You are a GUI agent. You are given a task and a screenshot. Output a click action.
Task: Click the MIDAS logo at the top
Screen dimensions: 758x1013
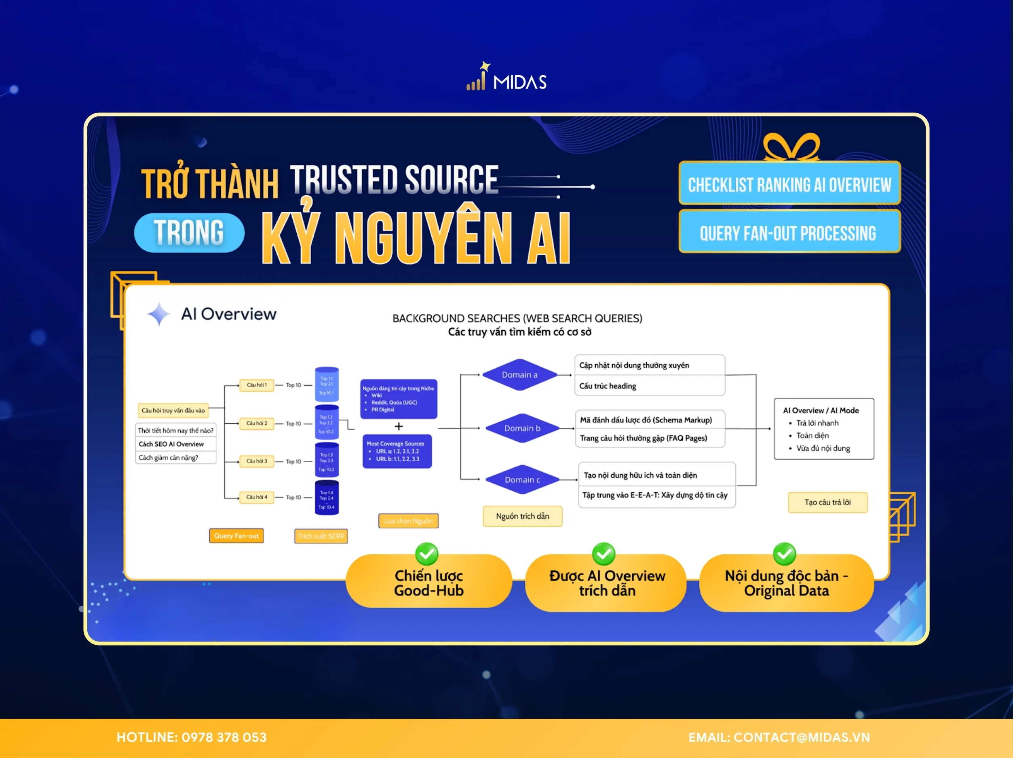[x=506, y=78]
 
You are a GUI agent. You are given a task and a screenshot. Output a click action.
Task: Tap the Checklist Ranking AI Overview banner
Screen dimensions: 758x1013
[x=789, y=184]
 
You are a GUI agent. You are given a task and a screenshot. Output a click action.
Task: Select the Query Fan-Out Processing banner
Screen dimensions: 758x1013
[x=789, y=233]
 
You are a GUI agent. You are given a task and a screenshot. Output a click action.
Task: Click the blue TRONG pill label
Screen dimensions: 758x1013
[x=189, y=233]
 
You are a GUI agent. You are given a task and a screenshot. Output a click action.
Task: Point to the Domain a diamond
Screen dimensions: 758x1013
[x=519, y=375]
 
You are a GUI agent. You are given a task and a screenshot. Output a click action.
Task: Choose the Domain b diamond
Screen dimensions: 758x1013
[x=522, y=428]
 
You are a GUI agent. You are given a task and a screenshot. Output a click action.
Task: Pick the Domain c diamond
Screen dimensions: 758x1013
[x=522, y=479]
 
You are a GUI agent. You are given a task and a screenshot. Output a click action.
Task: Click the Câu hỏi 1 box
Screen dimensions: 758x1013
[x=256, y=385]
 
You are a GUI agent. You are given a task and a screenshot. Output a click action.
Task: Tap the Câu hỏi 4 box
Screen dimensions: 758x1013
[x=256, y=497]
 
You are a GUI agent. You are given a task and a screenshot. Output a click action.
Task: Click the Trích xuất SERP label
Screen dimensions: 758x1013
[x=321, y=536]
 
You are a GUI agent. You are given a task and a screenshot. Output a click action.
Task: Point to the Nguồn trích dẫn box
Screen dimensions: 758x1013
[x=523, y=516]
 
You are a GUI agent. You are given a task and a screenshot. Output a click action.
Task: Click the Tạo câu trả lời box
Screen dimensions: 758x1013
[x=827, y=503]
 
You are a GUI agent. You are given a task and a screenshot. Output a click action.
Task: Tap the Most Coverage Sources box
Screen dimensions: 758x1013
[x=397, y=451]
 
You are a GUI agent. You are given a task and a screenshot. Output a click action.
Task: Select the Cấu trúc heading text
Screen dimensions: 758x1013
[x=608, y=386]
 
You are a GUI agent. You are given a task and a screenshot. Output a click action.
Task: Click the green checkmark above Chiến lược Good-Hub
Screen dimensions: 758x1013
[x=427, y=554]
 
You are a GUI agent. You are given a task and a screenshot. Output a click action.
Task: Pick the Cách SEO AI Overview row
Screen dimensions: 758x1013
[x=171, y=444]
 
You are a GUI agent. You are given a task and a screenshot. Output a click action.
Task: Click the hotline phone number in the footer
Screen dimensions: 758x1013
[x=224, y=737]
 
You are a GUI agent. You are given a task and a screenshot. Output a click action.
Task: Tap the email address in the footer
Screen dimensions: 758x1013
[x=802, y=737]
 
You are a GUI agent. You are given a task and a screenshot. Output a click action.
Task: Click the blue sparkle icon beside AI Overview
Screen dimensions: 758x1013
[x=158, y=314]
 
